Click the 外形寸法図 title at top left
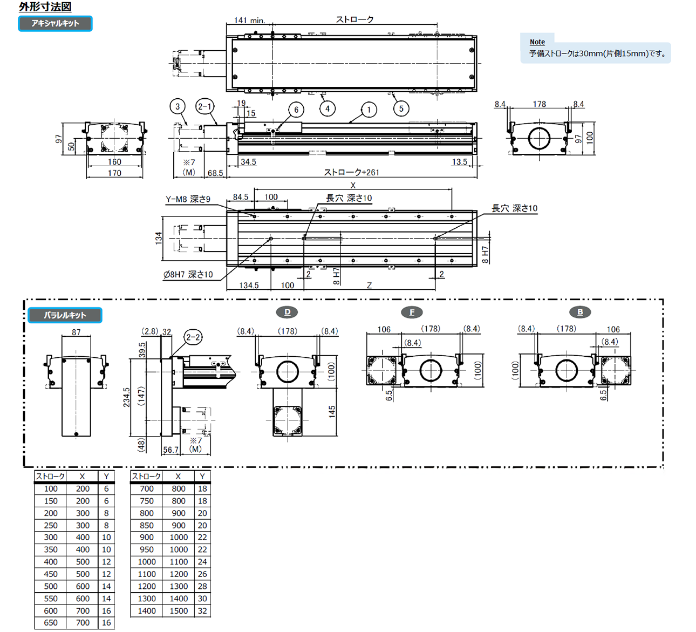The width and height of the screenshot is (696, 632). click(45, 7)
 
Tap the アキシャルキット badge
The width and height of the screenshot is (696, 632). click(55, 23)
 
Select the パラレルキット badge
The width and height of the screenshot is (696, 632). click(65, 315)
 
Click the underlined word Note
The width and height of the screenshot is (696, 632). click(537, 42)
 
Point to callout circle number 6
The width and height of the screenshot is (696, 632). click(296, 110)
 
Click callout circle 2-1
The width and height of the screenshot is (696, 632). click(204, 106)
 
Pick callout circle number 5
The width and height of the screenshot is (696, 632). click(401, 108)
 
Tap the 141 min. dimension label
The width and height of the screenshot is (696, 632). click(249, 21)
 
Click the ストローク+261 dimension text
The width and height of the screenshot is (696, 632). click(351, 173)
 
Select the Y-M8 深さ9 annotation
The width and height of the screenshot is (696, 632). click(188, 200)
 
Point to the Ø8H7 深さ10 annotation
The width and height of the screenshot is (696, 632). click(188, 275)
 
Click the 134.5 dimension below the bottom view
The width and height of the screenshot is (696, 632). click(249, 286)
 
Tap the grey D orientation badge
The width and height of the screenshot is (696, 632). click(287, 312)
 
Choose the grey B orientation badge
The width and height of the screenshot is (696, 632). click(580, 312)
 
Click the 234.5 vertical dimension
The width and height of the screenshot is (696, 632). click(126, 397)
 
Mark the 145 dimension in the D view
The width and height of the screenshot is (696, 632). click(332, 411)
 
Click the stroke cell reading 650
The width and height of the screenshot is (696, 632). click(51, 623)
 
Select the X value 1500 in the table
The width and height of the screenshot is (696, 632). click(179, 611)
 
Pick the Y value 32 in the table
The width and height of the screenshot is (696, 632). click(202, 611)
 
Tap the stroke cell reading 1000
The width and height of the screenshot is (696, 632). click(147, 562)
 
